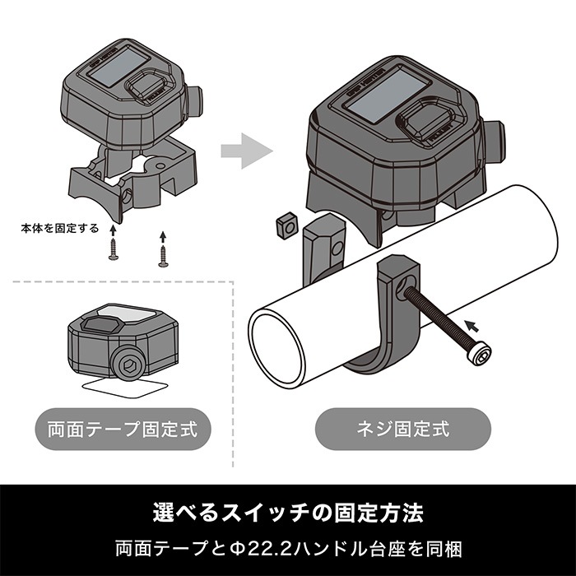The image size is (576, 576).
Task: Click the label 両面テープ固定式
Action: point(122,429)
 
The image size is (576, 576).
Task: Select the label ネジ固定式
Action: point(403,429)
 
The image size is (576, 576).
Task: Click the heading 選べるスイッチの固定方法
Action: point(288,513)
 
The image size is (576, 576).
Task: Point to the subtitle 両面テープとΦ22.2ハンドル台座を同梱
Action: point(288,547)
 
